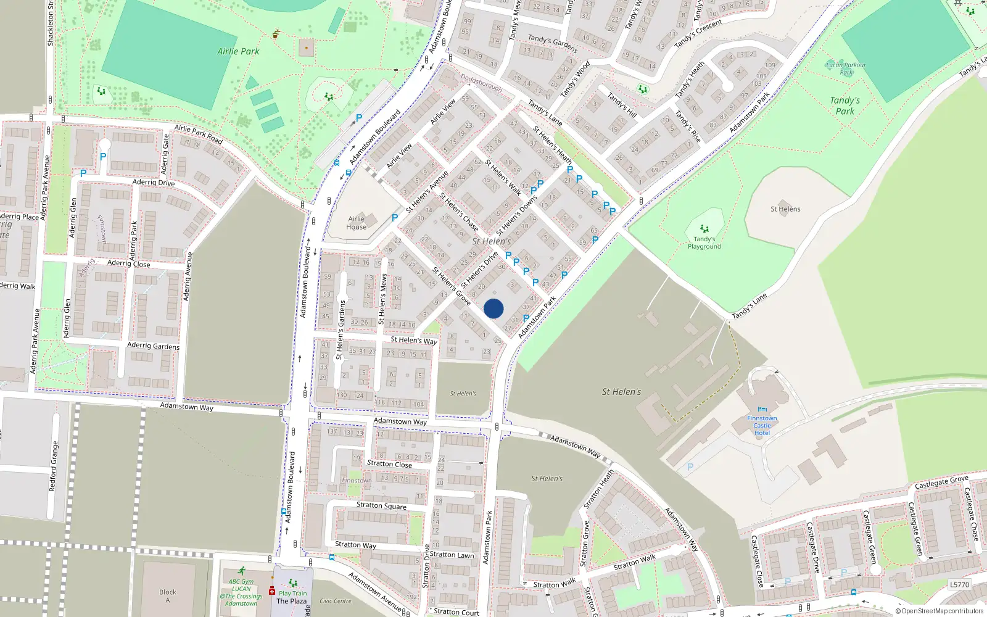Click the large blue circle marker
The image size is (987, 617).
[493, 308]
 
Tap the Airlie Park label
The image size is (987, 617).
[238, 51]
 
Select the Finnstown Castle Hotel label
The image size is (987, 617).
[762, 425]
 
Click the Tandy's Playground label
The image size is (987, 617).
[704, 242]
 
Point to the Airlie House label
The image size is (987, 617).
[357, 223]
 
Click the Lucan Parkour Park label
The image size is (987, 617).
[846, 68]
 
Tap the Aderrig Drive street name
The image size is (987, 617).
[154, 182]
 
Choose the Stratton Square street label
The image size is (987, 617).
[381, 505]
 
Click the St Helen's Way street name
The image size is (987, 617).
[413, 340]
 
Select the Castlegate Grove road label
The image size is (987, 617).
[941, 482]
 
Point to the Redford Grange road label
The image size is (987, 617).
[54, 466]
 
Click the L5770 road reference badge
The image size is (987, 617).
[959, 584]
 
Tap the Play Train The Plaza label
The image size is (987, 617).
[292, 597]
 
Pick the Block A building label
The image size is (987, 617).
[167, 595]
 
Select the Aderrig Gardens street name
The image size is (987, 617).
[153, 346]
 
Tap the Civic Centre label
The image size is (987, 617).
[336, 601]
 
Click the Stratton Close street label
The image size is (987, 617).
[389, 463]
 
